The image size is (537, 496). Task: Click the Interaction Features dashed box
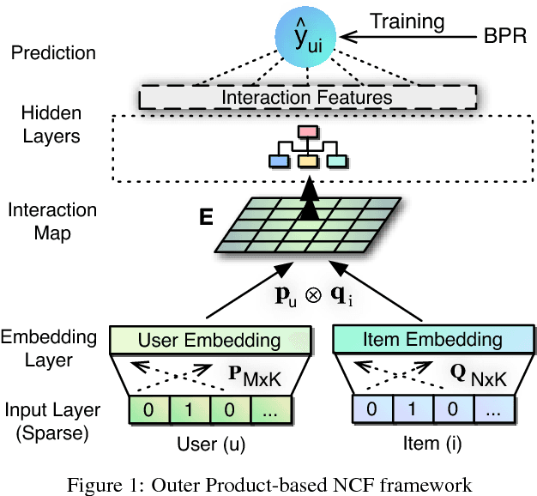click(306, 97)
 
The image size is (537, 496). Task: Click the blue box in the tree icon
click(278, 160)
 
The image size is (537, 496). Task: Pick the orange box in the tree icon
click(307, 160)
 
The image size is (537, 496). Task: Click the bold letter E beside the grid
click(206, 218)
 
